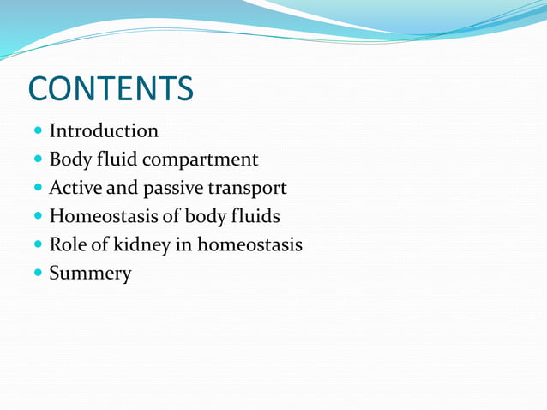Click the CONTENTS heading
coord(111,88)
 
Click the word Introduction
coord(104,131)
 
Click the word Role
coord(69,244)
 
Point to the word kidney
coord(143,245)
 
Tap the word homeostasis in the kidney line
coord(250,244)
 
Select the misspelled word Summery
coord(90,274)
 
